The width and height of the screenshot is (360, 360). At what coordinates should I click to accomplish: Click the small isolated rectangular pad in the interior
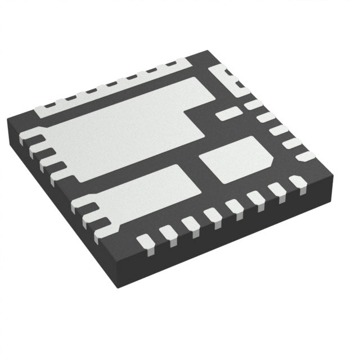coord(228,114)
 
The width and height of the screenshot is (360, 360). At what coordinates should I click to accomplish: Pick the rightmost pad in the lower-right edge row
coord(296,182)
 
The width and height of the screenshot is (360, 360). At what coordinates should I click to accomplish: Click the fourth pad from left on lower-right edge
coord(213,214)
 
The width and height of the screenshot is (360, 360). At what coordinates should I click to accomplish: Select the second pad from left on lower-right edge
coord(166,232)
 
